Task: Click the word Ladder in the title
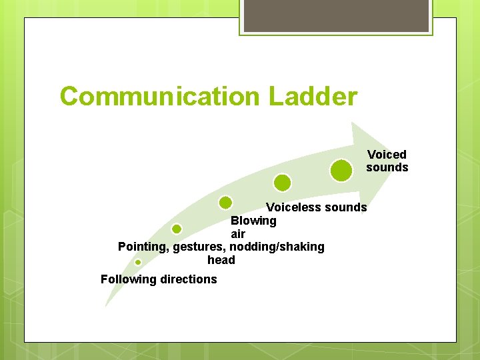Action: point(313,97)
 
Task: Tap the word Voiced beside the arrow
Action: point(387,155)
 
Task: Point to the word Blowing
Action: point(253,221)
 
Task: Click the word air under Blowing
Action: point(238,234)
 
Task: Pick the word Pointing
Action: point(142,247)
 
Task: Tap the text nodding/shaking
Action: point(277,247)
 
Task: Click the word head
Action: point(221,260)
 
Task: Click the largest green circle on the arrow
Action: point(341,171)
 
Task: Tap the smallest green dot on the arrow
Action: point(138,262)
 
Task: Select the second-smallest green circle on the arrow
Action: point(177,229)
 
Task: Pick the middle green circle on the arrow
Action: point(226,202)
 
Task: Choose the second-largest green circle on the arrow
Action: point(283,182)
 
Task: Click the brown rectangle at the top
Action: point(336,15)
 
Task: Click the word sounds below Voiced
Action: point(387,167)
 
